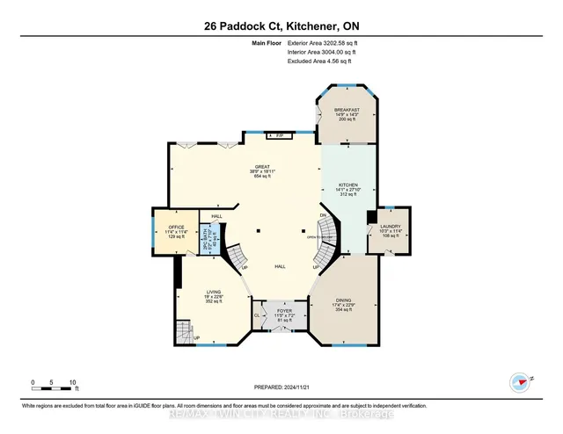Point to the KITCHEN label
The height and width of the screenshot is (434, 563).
click(x=349, y=185)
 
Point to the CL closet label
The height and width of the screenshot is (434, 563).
click(x=257, y=314)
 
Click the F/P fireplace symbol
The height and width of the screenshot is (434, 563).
click(x=281, y=135)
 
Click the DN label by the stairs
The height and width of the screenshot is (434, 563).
click(x=323, y=215)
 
